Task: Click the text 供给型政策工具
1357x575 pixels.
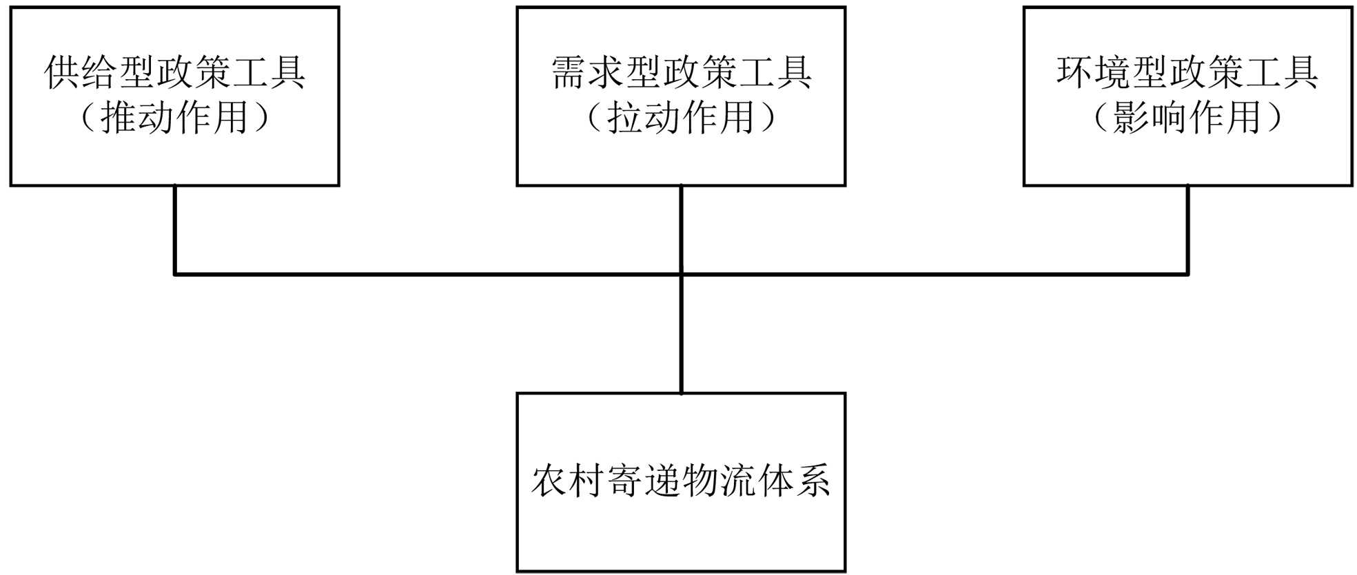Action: click(x=174, y=72)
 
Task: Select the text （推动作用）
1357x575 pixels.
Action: click(x=174, y=118)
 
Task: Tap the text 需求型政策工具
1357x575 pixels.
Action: click(x=681, y=72)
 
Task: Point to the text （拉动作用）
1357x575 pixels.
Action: click(x=681, y=118)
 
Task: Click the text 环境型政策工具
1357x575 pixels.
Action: click(x=1187, y=72)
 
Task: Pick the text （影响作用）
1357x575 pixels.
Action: click(x=1187, y=118)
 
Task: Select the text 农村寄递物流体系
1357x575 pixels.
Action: click(x=681, y=481)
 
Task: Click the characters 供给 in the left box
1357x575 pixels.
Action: click(x=82, y=72)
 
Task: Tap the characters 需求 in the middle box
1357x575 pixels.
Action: click(x=588, y=72)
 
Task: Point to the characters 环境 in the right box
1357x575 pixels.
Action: click(x=1094, y=72)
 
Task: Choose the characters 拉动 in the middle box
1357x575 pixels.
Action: click(x=644, y=118)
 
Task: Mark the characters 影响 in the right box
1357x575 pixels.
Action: click(x=1150, y=118)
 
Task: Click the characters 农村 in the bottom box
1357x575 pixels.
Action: click(x=568, y=481)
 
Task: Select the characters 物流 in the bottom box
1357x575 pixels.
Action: click(x=719, y=481)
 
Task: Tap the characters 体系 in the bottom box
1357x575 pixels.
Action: click(x=794, y=481)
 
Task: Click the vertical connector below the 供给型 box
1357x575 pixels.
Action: click(x=175, y=229)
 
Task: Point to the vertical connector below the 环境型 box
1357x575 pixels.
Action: click(x=1187, y=229)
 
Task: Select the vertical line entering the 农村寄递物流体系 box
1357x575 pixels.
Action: click(x=681, y=335)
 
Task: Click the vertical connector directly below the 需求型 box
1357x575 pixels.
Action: click(x=681, y=229)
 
